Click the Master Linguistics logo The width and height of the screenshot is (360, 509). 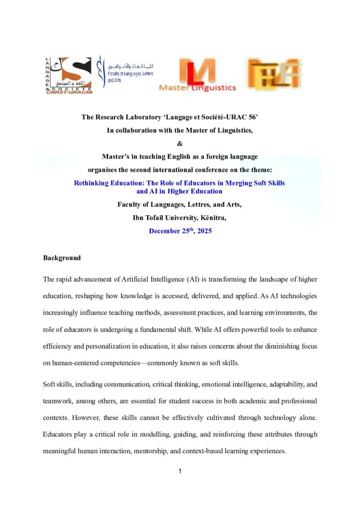(x=197, y=75)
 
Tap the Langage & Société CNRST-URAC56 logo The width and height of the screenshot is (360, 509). (x=68, y=75)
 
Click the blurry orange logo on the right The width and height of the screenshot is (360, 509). (x=273, y=74)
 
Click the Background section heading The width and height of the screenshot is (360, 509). (x=62, y=258)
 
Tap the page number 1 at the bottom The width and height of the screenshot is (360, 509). (x=180, y=471)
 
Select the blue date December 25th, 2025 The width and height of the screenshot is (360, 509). (x=180, y=231)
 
